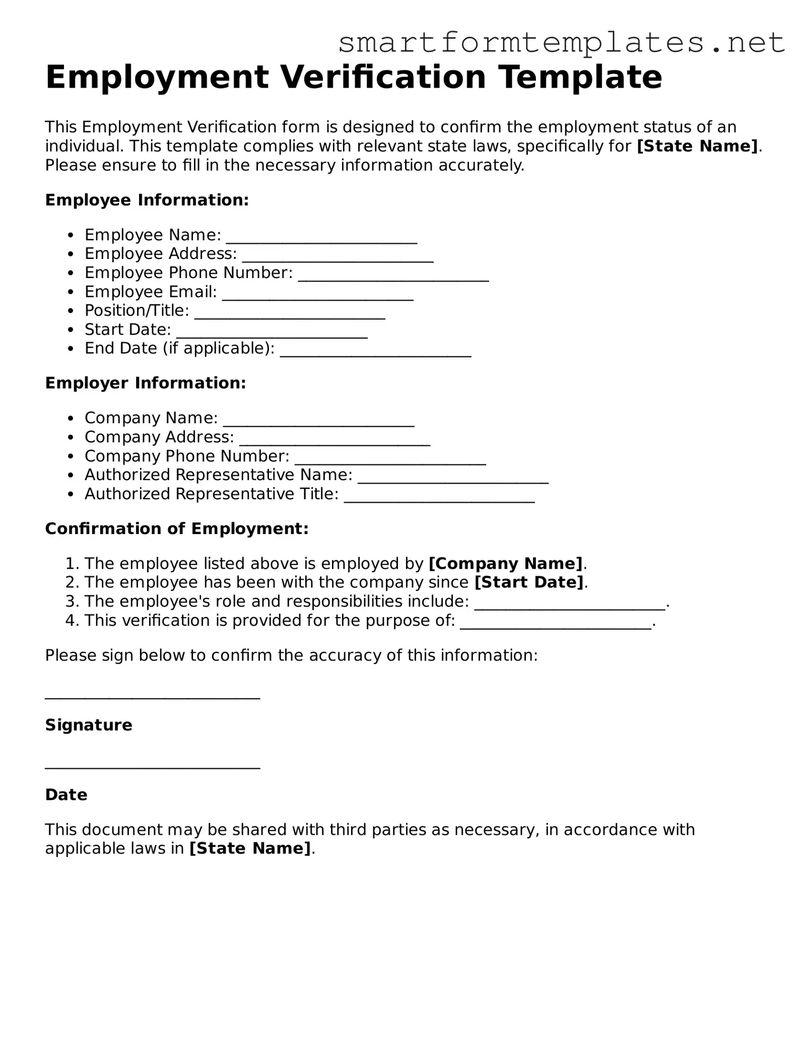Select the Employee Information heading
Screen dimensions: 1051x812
[x=147, y=200]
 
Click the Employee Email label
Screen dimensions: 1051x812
[x=151, y=292]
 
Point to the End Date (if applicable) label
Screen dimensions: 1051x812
[x=179, y=348]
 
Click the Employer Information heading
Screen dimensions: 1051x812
[x=146, y=383]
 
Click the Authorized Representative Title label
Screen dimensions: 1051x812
[x=212, y=494]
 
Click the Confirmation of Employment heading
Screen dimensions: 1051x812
[x=177, y=529]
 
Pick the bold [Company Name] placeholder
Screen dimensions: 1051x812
[x=505, y=563]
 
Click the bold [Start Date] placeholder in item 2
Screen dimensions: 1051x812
[x=529, y=582]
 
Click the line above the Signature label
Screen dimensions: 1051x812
[x=153, y=697]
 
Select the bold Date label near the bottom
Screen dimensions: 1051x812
[x=66, y=795]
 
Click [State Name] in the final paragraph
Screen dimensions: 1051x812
[x=250, y=848]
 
